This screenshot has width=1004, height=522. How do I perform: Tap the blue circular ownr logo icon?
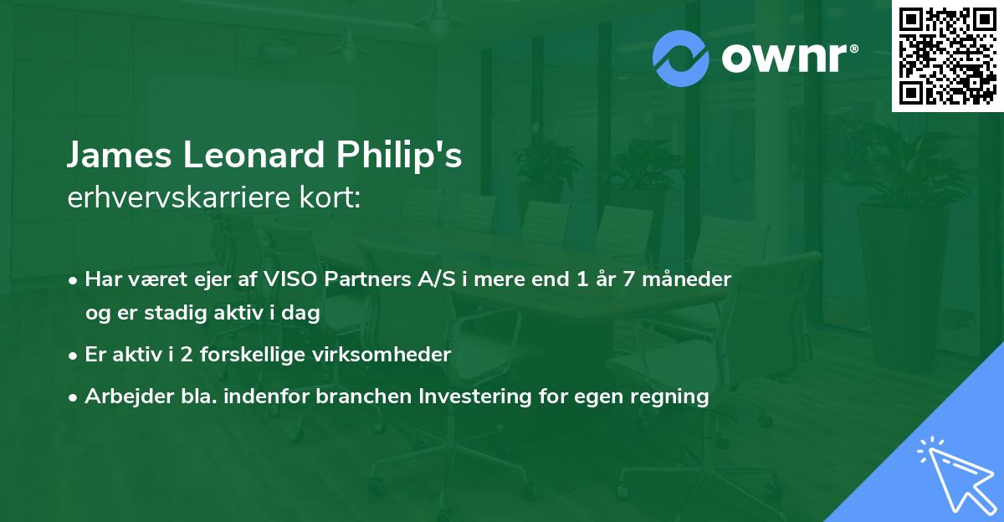681,57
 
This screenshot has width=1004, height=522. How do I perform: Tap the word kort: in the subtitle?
332,200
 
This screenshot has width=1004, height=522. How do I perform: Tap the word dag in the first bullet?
304,312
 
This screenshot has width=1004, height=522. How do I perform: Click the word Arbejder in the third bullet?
123,396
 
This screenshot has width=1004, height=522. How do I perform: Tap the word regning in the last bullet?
669,396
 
